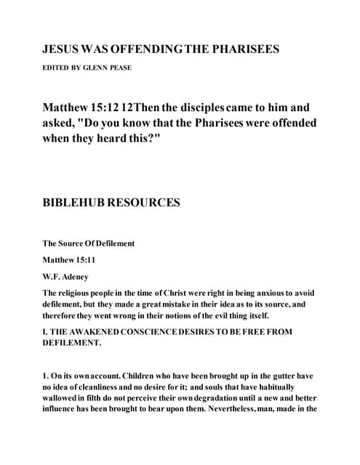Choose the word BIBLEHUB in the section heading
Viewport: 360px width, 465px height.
(76, 203)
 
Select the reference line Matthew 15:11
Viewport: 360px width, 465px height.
(68, 259)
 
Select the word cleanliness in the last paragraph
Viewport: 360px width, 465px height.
(100, 387)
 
